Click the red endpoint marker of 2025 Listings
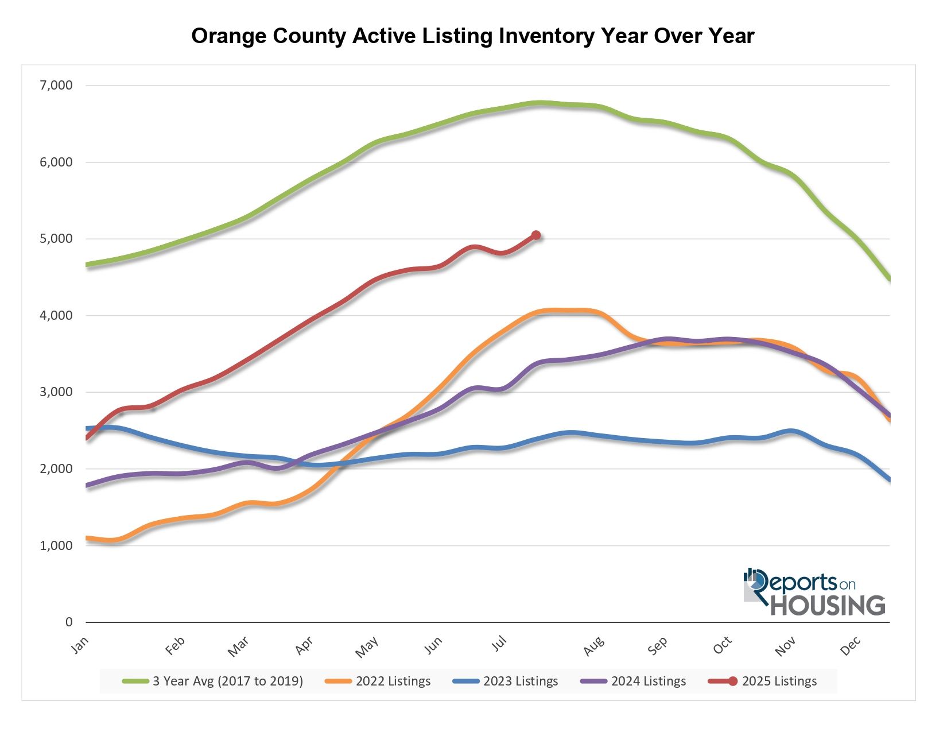click(536, 235)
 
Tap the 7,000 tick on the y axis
click(56, 86)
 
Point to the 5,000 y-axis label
click(56, 239)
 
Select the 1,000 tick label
click(56, 545)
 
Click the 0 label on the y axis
click(69, 622)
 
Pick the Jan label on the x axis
click(80, 645)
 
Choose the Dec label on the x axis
click(851, 646)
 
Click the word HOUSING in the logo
click(828, 605)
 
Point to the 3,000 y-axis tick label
click(56, 392)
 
